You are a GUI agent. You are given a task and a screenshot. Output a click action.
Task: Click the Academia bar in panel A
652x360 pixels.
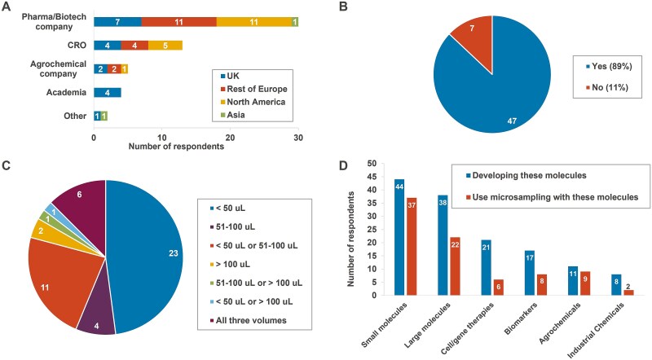[108, 92]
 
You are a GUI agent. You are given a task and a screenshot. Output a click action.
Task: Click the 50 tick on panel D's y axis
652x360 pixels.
[372, 164]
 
